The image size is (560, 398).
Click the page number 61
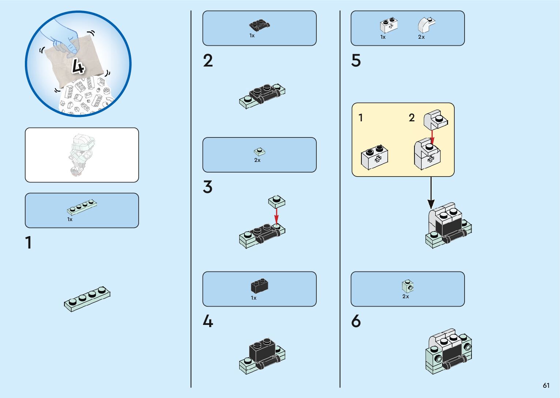click(x=546, y=385)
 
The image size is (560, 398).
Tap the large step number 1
click(x=29, y=243)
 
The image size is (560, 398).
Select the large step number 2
click(x=208, y=61)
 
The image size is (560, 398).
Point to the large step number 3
click(x=207, y=187)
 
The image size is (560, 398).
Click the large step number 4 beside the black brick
click(x=208, y=322)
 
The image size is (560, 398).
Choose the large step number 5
click(x=356, y=61)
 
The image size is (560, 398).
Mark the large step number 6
click(x=356, y=321)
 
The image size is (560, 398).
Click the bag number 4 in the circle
click(x=78, y=66)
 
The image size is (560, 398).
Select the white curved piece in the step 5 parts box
click(x=425, y=25)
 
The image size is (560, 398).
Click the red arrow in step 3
click(x=277, y=216)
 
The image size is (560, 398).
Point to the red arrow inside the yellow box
click(x=432, y=136)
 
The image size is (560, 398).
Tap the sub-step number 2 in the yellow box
click(x=412, y=118)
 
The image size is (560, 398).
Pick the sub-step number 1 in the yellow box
click(x=361, y=118)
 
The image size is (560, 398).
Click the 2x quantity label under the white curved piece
click(x=421, y=37)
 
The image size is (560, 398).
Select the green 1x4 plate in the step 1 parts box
click(x=82, y=207)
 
